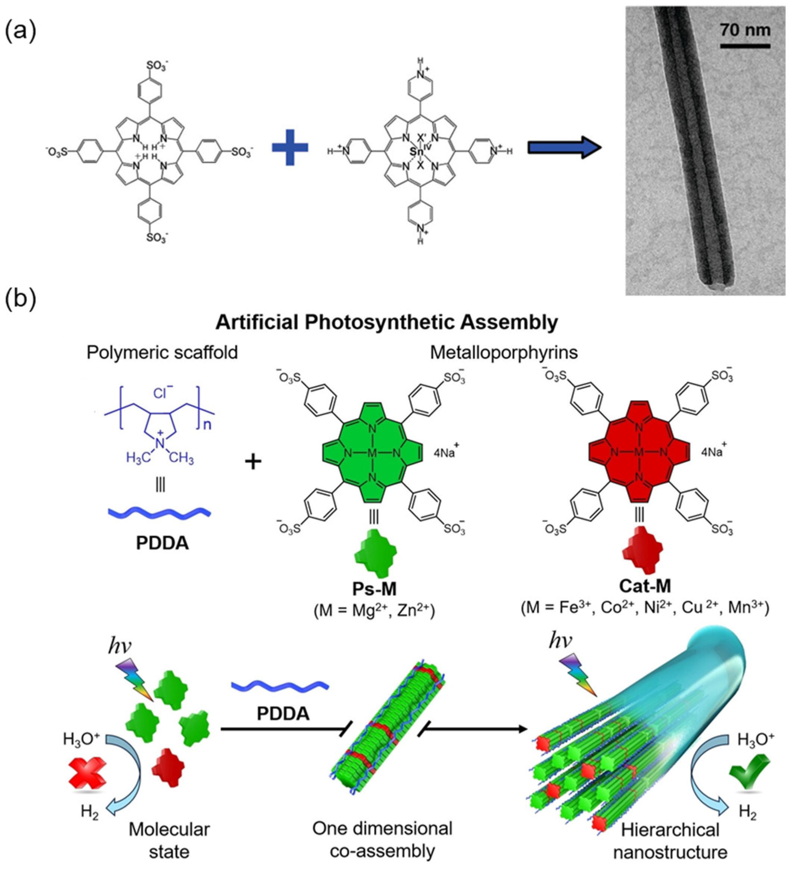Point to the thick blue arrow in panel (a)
pyautogui.click(x=564, y=148)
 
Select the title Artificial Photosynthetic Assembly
pyautogui.click(x=386, y=323)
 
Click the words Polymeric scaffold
pyautogui.click(x=162, y=353)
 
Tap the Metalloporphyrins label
pyautogui.click(x=504, y=353)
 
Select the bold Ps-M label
pyautogui.click(x=374, y=588)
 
